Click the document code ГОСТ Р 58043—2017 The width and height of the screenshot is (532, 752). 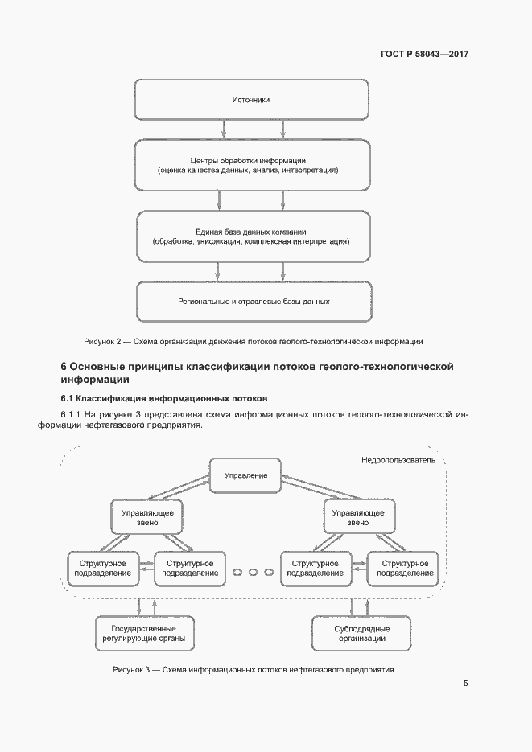[423, 55]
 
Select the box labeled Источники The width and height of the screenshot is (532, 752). [250, 100]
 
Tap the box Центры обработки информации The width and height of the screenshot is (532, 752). [250, 166]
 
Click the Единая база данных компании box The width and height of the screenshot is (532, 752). [250, 236]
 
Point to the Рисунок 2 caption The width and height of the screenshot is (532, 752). [253, 341]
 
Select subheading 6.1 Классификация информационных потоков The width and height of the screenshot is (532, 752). [164, 399]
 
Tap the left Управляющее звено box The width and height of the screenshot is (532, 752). [146, 516]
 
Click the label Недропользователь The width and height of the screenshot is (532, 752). [398, 461]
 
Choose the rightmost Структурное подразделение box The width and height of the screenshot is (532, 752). [402, 568]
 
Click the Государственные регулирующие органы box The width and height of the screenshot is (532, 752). [146, 633]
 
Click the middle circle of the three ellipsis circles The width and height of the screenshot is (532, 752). [253, 572]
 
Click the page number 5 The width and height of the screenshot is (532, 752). [466, 684]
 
